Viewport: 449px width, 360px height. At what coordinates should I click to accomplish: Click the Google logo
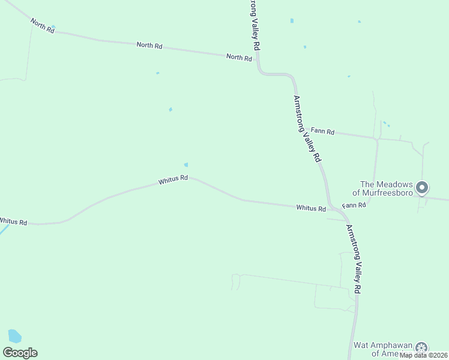pos(20,353)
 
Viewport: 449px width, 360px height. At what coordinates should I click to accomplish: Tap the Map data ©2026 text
pos(424,355)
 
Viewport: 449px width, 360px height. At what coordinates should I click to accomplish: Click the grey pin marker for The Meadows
pos(422,188)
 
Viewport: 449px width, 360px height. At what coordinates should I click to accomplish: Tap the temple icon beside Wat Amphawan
pos(423,348)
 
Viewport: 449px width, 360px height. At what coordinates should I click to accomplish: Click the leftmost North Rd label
pos(43,26)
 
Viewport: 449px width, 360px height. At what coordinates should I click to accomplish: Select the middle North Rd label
pos(149,45)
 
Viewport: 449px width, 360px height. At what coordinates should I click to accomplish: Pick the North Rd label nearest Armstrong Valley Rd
pos(239,57)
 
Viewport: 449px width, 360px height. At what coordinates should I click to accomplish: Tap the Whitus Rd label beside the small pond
pos(173,179)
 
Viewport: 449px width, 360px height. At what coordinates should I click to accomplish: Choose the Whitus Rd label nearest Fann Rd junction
pos(311,208)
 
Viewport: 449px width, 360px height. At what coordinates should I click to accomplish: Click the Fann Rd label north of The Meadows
pos(322,131)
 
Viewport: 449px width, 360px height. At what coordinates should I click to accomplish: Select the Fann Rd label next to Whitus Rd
pos(354,205)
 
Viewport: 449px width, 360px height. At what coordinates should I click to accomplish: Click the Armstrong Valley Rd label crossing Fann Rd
pos(306,128)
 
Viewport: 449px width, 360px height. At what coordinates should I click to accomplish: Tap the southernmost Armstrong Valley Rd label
pos(355,259)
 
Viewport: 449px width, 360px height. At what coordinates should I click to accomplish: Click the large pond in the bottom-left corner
pos(14,336)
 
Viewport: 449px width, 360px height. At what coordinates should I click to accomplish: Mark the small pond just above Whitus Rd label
pos(186,164)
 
